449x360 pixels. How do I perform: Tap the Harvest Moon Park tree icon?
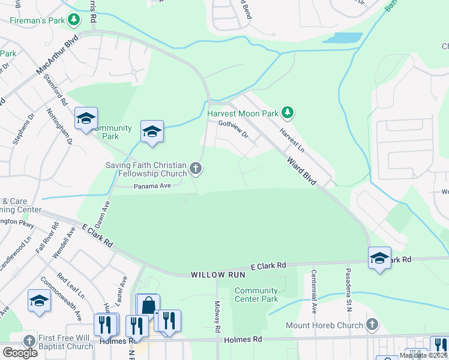pyautogui.click(x=288, y=112)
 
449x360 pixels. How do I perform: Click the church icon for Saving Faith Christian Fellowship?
pyautogui.click(x=196, y=169)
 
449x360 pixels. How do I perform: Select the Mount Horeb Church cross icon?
pyautogui.click(x=372, y=325)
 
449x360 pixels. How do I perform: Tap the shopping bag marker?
pyautogui.click(x=148, y=305)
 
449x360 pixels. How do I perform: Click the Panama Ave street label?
pyautogui.click(x=152, y=185)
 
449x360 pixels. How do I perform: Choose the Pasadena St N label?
pyautogui.click(x=348, y=290)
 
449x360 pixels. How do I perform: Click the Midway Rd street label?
pyautogui.click(x=217, y=317)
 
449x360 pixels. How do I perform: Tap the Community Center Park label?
pyautogui.click(x=256, y=295)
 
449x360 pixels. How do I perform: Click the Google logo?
pyautogui.click(x=20, y=353)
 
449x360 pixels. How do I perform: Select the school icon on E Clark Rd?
pyautogui.click(x=379, y=258)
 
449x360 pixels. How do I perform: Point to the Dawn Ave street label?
pyautogui.click(x=106, y=212)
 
